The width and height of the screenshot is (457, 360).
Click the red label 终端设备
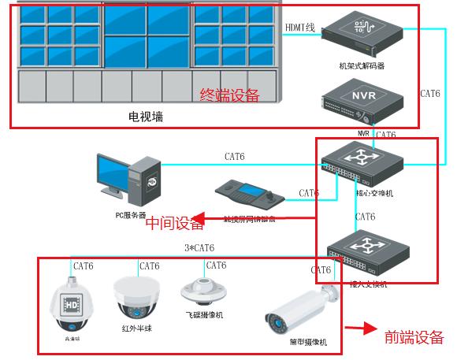coord(229,95)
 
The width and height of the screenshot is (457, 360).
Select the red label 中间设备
coord(175,224)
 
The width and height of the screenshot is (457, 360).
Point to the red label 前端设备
coord(414,337)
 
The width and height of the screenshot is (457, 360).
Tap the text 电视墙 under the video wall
coord(146,117)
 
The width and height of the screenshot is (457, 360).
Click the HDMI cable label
coord(299,28)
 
